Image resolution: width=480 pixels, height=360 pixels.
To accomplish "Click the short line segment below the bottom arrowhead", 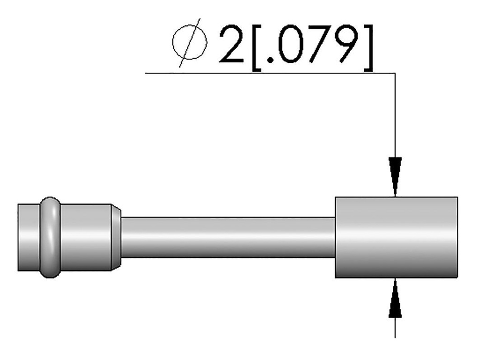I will coord(396,328).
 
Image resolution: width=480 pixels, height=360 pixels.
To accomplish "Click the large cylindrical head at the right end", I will coord(396,237).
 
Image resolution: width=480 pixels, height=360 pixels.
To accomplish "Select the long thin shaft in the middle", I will coord(228,237).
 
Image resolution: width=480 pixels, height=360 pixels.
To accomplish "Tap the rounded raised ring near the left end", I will coord(50,237).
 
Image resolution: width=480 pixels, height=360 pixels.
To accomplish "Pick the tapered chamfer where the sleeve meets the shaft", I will coord(116,237).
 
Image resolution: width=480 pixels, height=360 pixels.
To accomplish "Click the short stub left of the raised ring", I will coord(29,237).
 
